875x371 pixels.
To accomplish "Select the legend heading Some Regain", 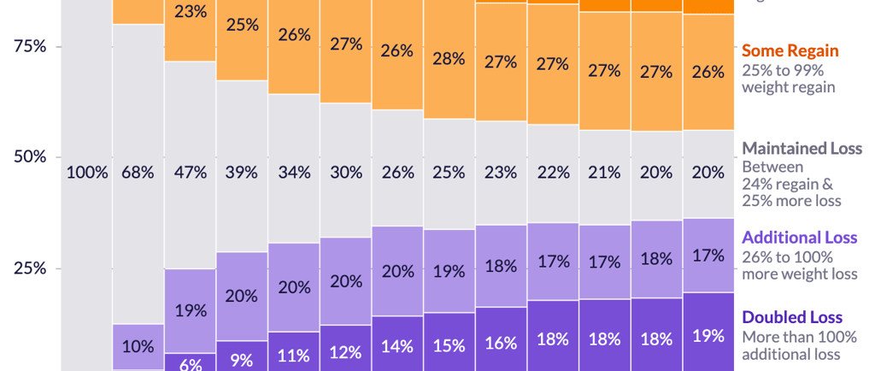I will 790,51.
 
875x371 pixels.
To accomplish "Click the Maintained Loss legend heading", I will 802,149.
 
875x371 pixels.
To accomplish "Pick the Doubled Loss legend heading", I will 792,317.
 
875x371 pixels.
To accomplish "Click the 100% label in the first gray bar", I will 87,172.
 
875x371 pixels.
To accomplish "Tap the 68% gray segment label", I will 138,172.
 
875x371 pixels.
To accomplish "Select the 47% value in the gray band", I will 191,172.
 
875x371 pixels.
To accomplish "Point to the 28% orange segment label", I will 449,59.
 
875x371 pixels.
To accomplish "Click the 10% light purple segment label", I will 138,346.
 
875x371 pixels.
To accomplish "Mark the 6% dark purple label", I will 191,363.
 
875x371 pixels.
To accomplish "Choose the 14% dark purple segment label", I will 397,346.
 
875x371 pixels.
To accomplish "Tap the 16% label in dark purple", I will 501,343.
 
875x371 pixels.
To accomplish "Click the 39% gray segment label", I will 242,172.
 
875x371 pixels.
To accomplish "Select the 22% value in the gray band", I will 553,172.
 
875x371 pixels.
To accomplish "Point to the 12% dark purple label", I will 345,350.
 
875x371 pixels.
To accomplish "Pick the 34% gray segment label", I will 294,172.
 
